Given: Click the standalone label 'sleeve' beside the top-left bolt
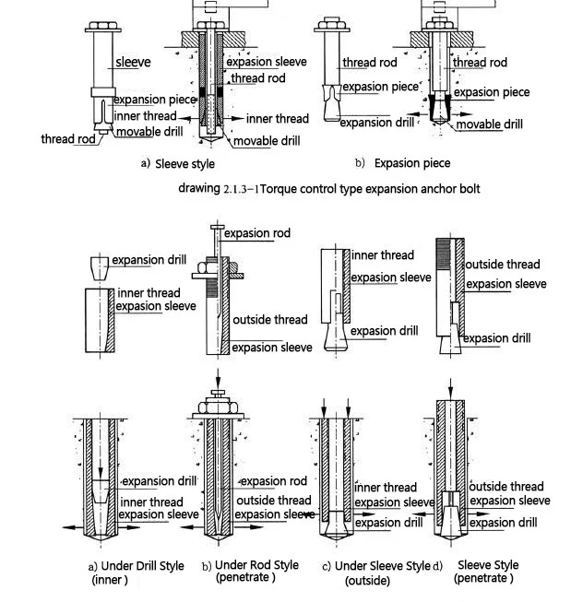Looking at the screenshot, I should (x=133, y=63).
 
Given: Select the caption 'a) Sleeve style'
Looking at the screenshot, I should (x=177, y=164).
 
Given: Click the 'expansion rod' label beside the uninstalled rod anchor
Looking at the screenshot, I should (x=257, y=234).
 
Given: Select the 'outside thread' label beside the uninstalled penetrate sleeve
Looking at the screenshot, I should (x=502, y=266).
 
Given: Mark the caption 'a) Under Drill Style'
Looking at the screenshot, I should (x=136, y=566).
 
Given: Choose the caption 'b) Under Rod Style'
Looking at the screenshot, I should (x=250, y=565).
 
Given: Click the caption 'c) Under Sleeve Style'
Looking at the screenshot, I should (x=375, y=566).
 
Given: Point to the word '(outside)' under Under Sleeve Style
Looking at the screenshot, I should (x=367, y=581).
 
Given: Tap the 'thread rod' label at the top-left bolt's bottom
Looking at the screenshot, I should (x=67, y=139).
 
